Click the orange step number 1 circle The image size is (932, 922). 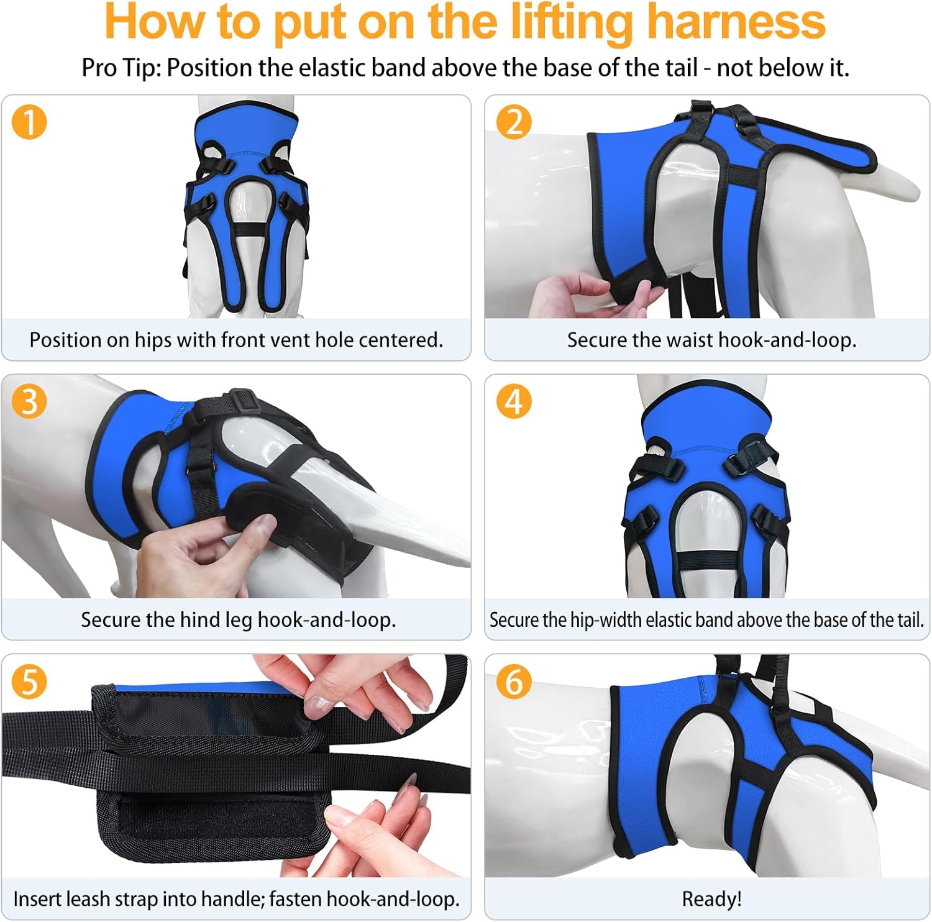(29, 122)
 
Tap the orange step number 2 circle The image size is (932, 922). (514, 122)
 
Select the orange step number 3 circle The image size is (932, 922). (29, 401)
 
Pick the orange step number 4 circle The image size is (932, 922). (514, 401)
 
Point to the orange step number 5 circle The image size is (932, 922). (29, 681)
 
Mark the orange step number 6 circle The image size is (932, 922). (514, 681)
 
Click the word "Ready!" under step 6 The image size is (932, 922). (711, 899)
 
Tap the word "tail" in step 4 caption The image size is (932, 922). (910, 619)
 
